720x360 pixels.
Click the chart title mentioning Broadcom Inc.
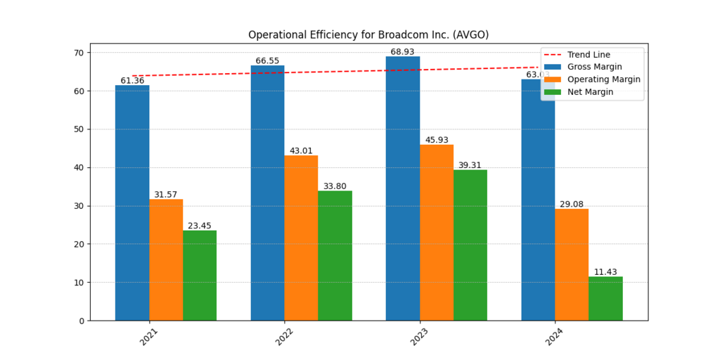pyautogui.click(x=368, y=35)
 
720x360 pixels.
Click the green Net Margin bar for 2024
pyautogui.click(x=605, y=298)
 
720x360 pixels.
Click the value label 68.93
pyautogui.click(x=403, y=52)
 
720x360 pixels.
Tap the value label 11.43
pyautogui.click(x=605, y=272)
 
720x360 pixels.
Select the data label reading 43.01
pyautogui.click(x=301, y=151)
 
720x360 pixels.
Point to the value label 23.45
pyautogui.click(x=200, y=226)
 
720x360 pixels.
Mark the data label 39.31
pyautogui.click(x=470, y=165)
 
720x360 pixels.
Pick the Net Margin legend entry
pyautogui.click(x=590, y=92)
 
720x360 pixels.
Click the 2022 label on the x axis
pyautogui.click(x=284, y=337)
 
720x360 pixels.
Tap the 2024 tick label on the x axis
pyautogui.click(x=555, y=337)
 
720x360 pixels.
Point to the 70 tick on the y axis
pyautogui.click(x=79, y=53)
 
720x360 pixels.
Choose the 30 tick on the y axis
pyautogui.click(x=79, y=206)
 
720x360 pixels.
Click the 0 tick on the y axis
pyautogui.click(x=82, y=321)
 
